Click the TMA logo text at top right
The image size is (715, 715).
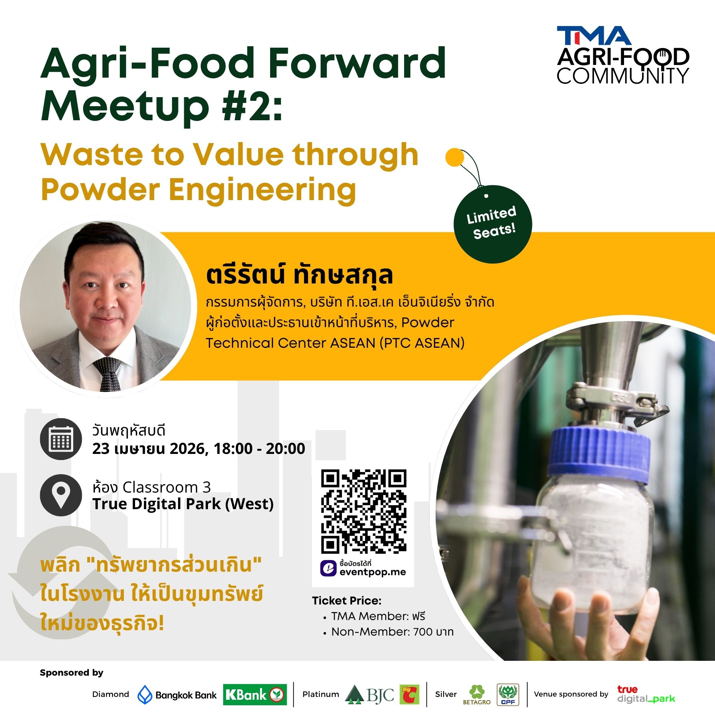pos(594,35)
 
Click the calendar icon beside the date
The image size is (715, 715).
pos(61,439)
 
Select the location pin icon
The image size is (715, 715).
pos(61,495)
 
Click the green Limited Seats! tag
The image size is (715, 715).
pos(493,224)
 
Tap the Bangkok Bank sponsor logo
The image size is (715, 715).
pos(177,695)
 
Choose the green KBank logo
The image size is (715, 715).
pos(255,695)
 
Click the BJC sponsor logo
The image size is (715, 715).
pos(369,694)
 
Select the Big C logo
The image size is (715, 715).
pos(410,694)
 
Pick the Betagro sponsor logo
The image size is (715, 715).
pos(477,695)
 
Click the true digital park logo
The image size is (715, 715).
pos(646,694)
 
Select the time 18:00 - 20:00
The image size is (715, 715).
pos(259,448)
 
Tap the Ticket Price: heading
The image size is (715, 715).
pos(346,600)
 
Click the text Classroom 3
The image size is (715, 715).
pos(166,487)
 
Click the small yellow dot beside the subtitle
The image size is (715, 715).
pos(455,157)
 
